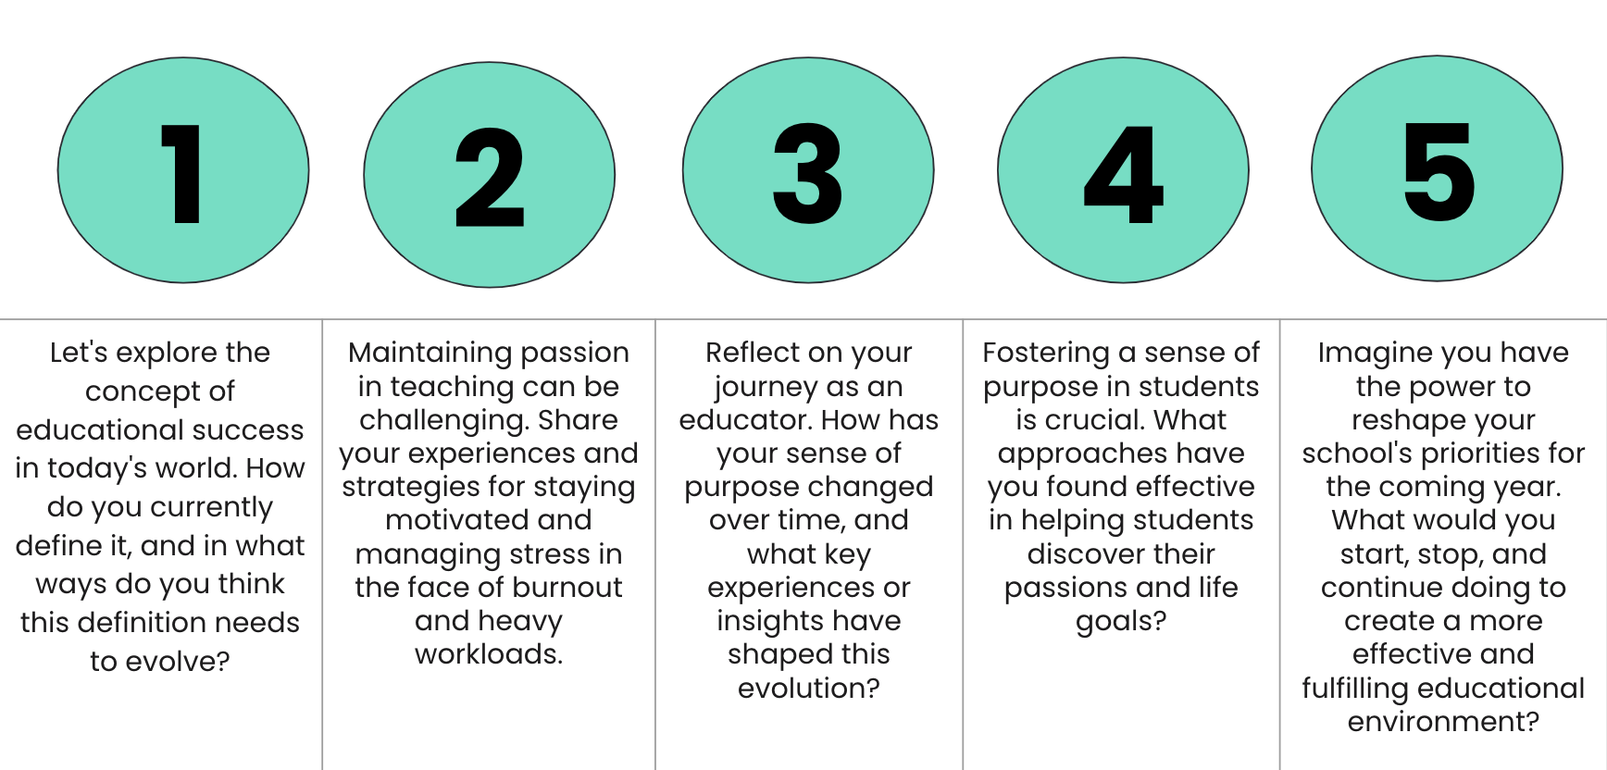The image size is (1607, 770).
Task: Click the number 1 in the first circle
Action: click(182, 174)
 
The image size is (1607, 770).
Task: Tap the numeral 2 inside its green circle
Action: click(490, 177)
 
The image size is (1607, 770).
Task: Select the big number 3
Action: click(808, 173)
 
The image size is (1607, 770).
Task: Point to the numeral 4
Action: click(1124, 174)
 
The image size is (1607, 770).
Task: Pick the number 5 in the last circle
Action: click(1439, 171)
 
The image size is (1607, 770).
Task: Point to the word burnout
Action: click(567, 588)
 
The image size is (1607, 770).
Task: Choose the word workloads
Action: click(489, 654)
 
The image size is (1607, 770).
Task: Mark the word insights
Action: click(762, 621)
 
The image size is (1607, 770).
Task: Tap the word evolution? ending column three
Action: click(809, 689)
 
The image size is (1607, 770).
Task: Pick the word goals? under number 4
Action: click(1121, 622)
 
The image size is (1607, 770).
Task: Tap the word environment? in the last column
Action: click(1443, 722)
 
